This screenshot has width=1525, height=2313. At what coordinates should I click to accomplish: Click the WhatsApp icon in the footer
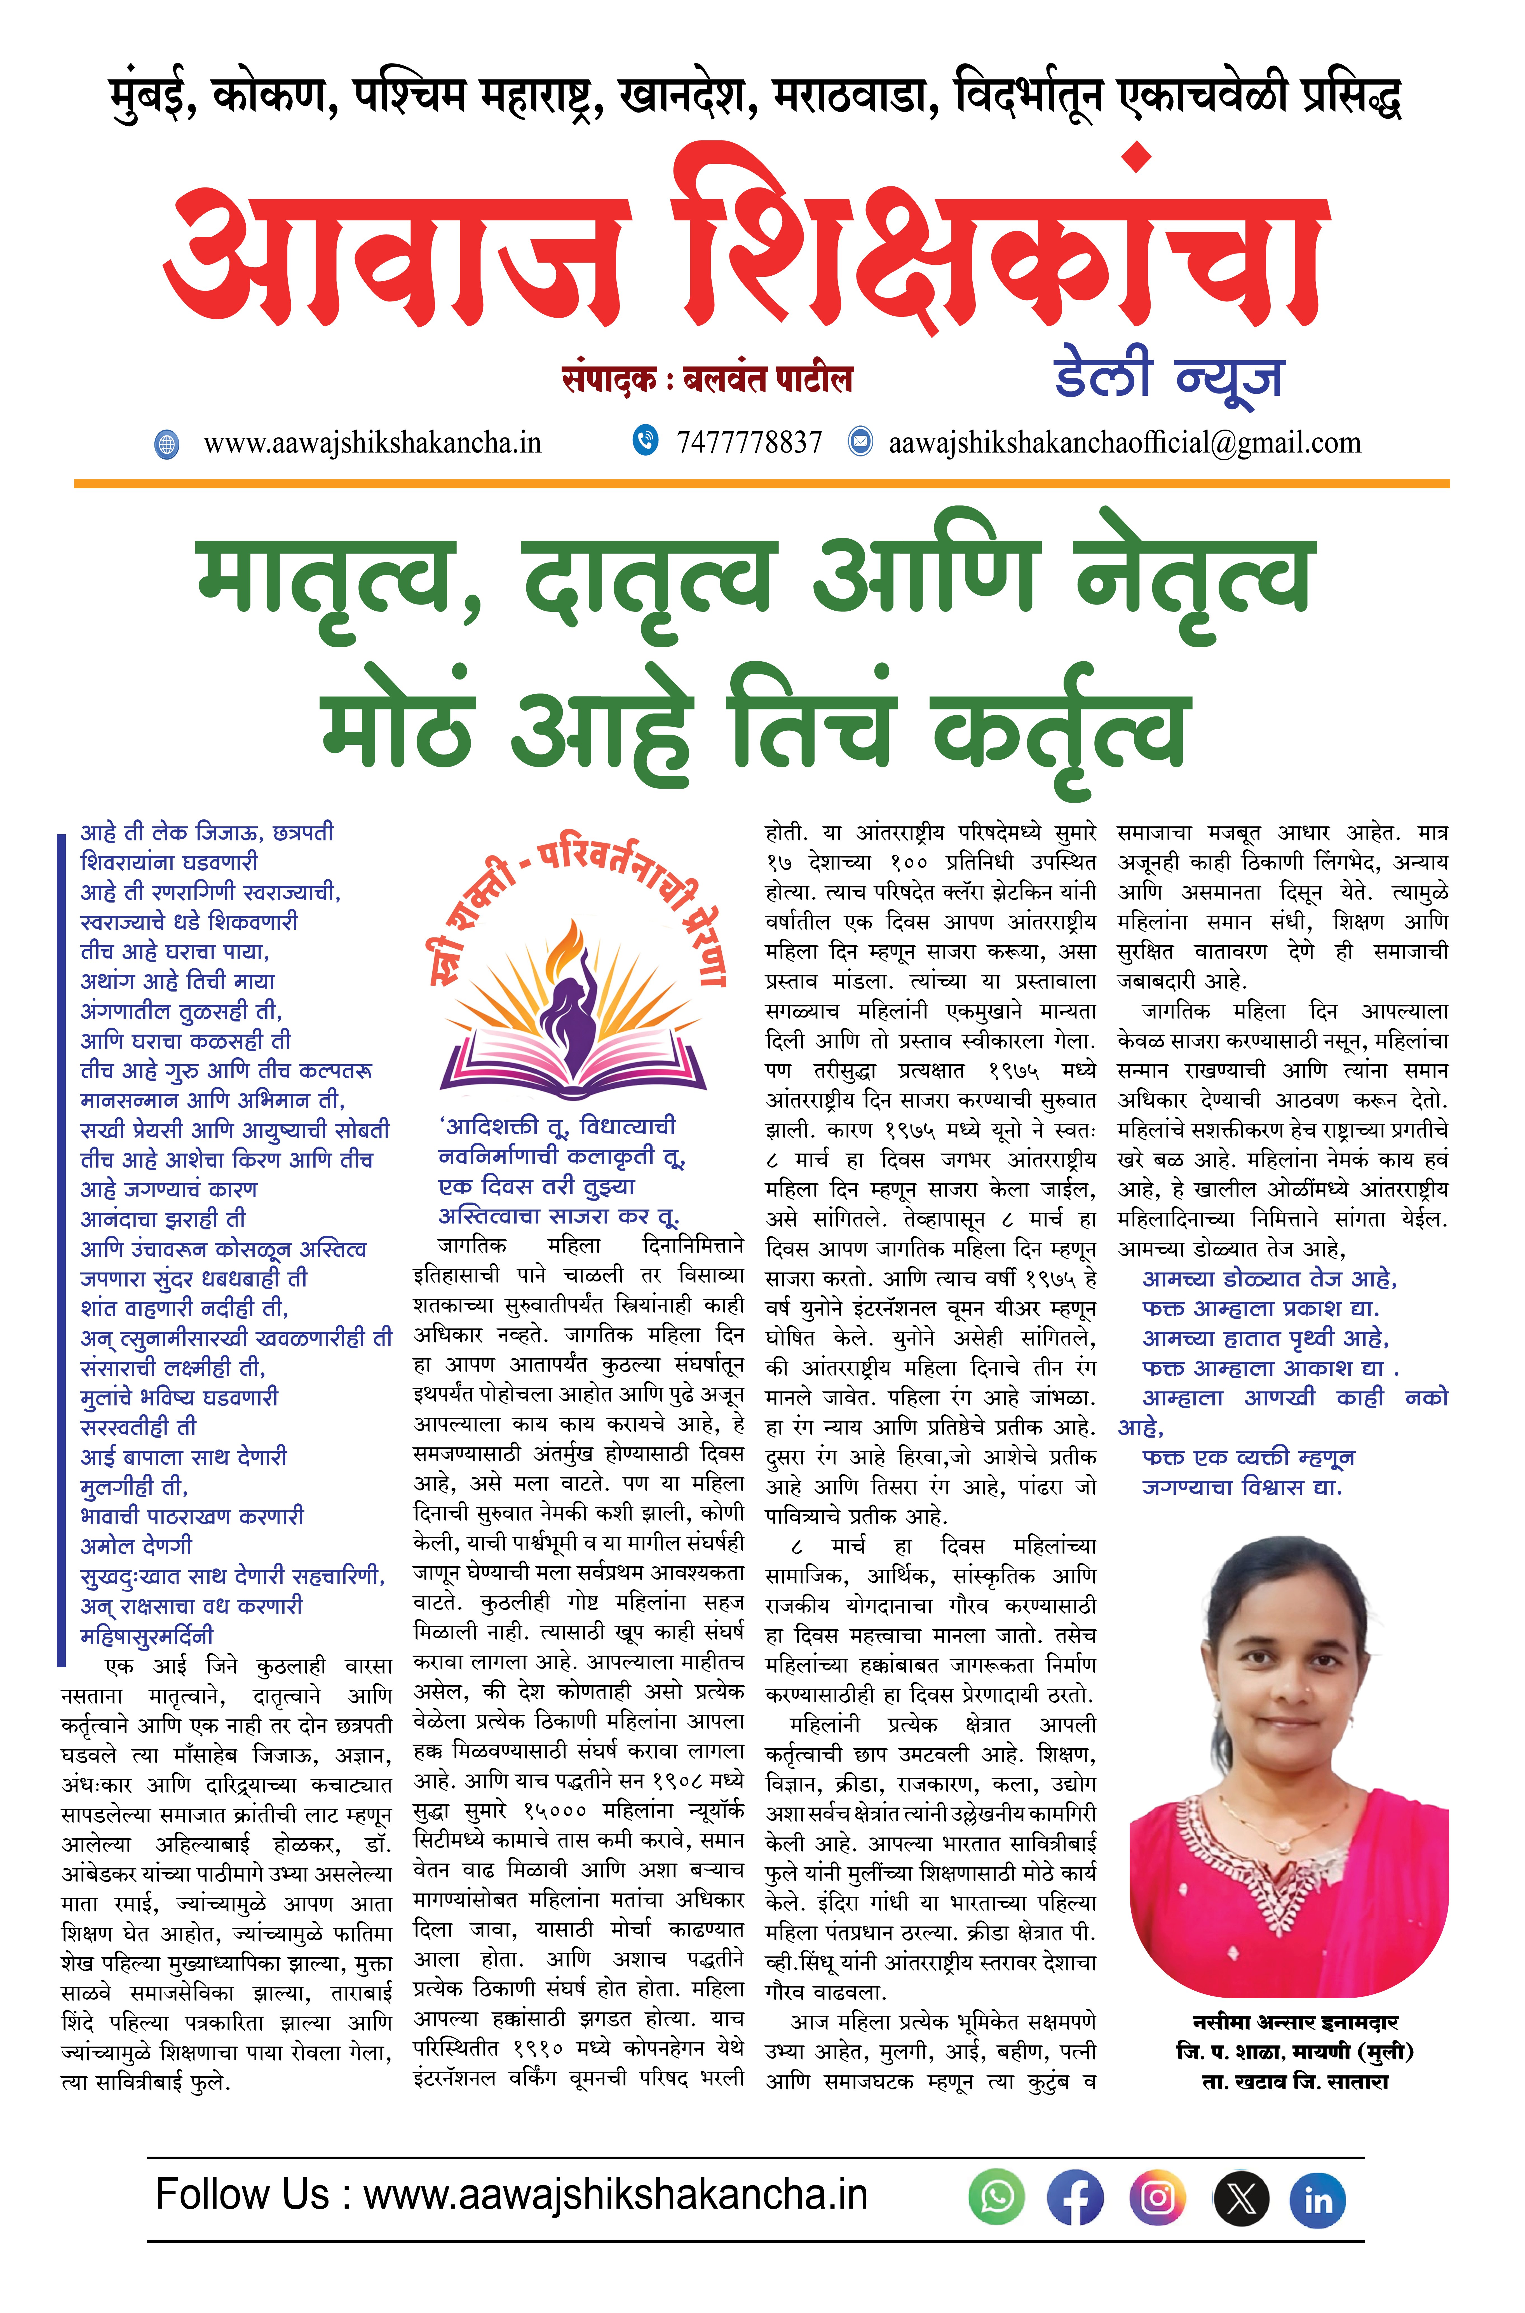(x=997, y=2197)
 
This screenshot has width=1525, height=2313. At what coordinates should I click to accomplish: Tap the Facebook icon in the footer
(x=1075, y=2197)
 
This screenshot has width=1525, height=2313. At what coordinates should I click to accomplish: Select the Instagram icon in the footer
(x=1157, y=2197)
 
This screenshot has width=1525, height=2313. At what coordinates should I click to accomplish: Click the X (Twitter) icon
(x=1241, y=2197)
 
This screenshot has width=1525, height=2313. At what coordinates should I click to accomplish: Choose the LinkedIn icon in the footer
(x=1318, y=2197)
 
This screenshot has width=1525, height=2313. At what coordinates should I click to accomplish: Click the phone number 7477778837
(x=749, y=442)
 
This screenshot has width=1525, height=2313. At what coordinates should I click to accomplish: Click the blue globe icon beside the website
(x=167, y=444)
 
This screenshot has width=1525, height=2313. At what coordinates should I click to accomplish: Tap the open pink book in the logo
(x=574, y=1065)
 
